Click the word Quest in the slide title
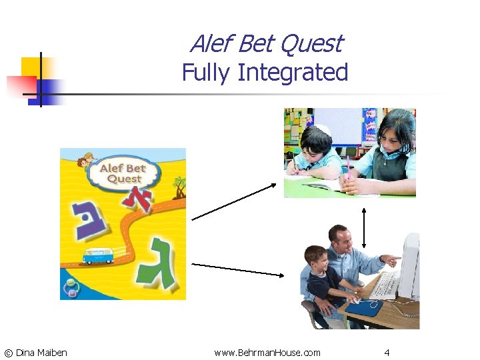click(311, 44)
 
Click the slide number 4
click(387, 352)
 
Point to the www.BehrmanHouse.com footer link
click(267, 352)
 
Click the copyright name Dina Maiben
click(41, 352)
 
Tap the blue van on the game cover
click(97, 255)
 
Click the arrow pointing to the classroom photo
click(233, 202)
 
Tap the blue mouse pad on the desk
click(363, 308)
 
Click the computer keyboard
click(384, 285)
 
